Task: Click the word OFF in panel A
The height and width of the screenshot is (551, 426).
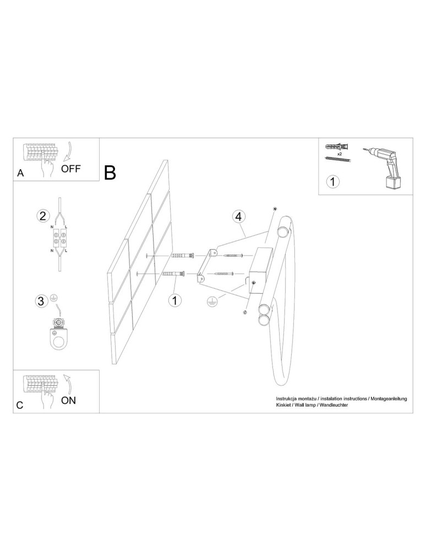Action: click(70, 169)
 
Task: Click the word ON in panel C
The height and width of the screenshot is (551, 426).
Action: click(68, 400)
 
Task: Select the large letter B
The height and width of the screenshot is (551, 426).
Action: click(110, 172)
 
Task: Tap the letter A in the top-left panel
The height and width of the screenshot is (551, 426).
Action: click(20, 172)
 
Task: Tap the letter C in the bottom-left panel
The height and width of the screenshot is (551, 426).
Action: click(20, 405)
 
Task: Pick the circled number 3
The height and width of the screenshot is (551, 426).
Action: click(41, 301)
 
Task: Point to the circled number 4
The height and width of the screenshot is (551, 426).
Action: click(238, 217)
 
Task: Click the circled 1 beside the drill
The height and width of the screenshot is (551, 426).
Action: click(334, 181)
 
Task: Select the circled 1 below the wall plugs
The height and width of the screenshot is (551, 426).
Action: click(174, 300)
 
